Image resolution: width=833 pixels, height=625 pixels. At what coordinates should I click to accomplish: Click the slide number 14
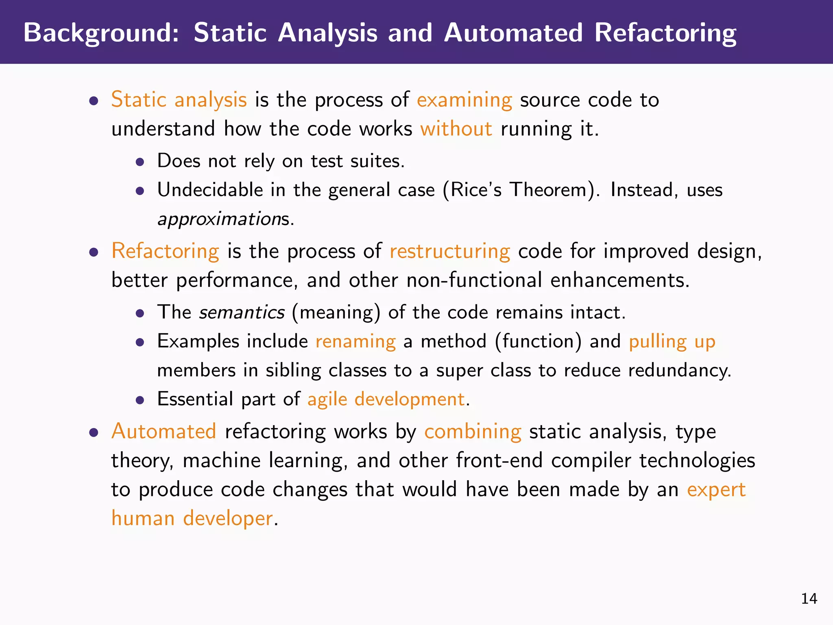point(809,599)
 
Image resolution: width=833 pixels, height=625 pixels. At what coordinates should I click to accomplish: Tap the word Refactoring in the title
point(665,33)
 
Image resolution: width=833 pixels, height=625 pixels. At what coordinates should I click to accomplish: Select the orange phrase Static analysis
point(179,100)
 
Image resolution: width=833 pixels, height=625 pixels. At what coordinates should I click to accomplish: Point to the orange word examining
point(464,100)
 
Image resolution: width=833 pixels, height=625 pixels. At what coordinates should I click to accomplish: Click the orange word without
point(456,129)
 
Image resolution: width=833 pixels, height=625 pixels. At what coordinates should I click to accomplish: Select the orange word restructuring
point(449,251)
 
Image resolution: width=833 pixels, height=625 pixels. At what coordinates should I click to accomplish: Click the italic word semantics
point(242,312)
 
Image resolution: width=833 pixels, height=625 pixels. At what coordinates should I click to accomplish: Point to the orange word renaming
point(355,341)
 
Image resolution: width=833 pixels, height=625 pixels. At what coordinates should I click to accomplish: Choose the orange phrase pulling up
point(672,341)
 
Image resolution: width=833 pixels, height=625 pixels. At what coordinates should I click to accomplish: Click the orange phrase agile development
point(386,399)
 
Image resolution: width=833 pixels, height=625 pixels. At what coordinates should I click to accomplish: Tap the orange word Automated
point(164,431)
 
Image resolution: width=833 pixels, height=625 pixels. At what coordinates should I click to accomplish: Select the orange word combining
point(473,431)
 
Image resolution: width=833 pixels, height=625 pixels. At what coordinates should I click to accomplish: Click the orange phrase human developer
point(192,518)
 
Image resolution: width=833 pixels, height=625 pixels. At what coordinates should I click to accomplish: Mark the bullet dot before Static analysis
point(94,101)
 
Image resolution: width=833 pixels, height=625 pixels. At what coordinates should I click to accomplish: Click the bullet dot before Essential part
point(140,400)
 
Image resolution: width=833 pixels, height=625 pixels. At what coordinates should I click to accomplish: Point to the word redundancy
point(679,370)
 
